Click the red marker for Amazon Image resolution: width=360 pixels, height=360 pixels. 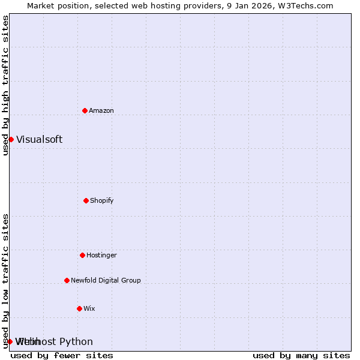pyautogui.click(x=85, y=110)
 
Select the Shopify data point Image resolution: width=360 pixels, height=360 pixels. pyautogui.click(x=86, y=200)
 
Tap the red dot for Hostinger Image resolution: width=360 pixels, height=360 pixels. pyautogui.click(x=82, y=255)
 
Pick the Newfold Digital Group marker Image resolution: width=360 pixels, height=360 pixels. pyautogui.click(x=67, y=280)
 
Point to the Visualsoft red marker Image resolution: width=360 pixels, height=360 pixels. pyautogui.click(x=11, y=139)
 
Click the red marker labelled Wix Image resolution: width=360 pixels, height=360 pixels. pyautogui.click(x=79, y=308)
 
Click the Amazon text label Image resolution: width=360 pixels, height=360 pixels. pyautogui.click(x=101, y=110)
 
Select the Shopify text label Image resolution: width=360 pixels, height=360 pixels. pyautogui.click(x=102, y=200)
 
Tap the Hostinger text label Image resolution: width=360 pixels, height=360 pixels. pyautogui.click(x=101, y=255)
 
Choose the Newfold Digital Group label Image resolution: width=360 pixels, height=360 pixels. pyautogui.click(x=106, y=280)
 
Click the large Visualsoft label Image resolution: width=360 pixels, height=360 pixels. pyautogui.click(x=39, y=139)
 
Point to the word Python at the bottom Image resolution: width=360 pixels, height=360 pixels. pyautogui.click(x=76, y=341)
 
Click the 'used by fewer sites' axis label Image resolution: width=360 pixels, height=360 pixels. pyautogui.click(x=62, y=355)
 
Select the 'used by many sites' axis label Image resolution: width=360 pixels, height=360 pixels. pyautogui.click(x=301, y=355)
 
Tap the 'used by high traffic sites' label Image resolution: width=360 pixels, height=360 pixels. pyautogui.click(x=5, y=85)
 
